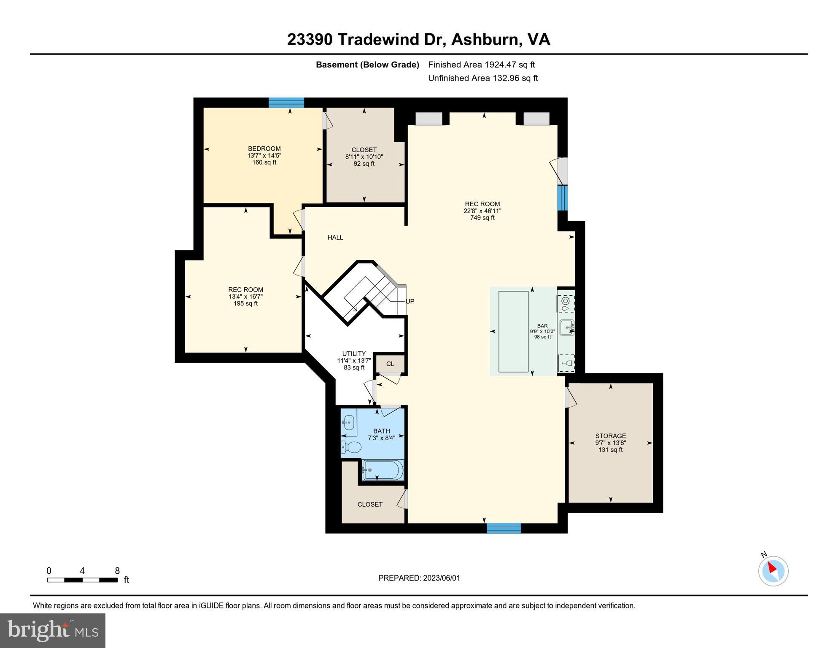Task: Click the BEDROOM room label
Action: point(264,148)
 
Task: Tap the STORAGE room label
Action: point(610,436)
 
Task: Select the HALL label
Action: point(335,238)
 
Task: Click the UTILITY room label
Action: point(354,354)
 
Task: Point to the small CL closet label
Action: point(390,364)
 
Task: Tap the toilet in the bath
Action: point(352,447)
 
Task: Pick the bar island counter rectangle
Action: point(513,332)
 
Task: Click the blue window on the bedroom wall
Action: point(286,103)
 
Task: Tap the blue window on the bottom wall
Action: point(504,528)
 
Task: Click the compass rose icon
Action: point(773,571)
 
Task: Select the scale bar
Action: point(82,580)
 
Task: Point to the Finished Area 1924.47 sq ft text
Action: point(481,65)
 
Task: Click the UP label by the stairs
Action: point(410,301)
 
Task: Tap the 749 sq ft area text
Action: point(482,218)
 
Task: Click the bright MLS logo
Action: point(53,630)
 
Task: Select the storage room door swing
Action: point(571,397)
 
